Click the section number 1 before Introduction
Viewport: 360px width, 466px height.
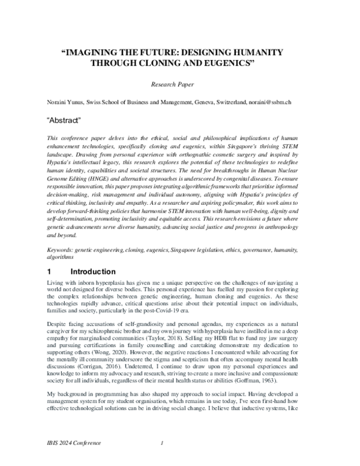click(49, 271)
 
